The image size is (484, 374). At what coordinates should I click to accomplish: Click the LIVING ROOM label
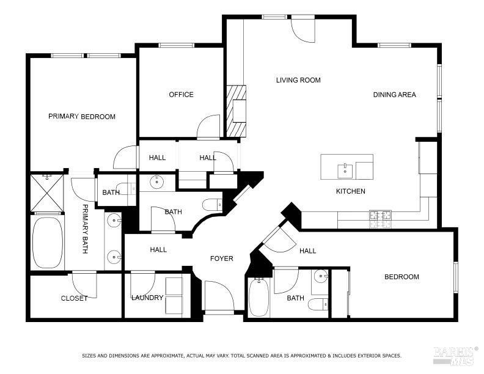[298, 80]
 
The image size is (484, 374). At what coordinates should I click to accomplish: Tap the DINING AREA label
[394, 95]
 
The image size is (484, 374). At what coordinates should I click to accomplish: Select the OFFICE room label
[181, 95]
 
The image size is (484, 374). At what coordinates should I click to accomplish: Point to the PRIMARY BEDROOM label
[82, 117]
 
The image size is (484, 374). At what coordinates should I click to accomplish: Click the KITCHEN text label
[351, 191]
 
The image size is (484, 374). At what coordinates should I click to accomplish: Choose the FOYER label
[222, 258]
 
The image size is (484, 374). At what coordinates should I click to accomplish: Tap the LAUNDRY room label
[147, 298]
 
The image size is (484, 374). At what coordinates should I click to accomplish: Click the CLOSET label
[74, 298]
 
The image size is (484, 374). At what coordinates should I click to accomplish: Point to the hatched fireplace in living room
[235, 110]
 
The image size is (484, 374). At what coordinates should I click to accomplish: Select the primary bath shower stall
[47, 192]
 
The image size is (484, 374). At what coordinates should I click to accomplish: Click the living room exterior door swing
[302, 29]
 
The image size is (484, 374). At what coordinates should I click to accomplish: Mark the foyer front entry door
[219, 297]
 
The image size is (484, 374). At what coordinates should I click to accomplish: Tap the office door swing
[209, 127]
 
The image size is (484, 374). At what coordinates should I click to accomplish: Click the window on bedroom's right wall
[455, 276]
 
